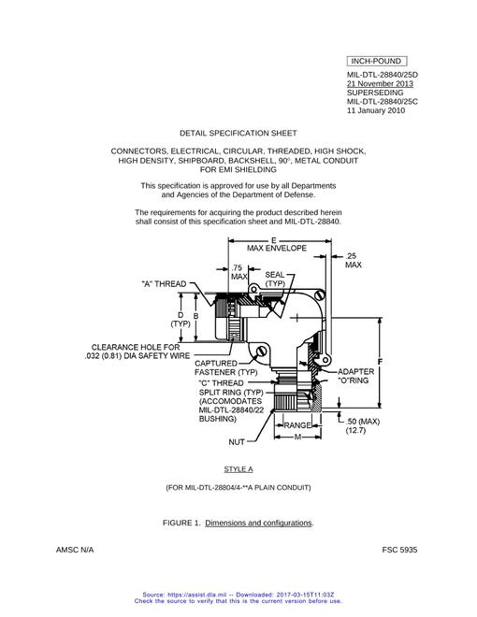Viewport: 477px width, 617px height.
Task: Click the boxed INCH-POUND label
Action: [x=377, y=62]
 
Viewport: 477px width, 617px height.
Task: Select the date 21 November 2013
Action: [x=380, y=83]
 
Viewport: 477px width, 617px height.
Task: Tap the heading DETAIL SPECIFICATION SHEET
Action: [x=238, y=133]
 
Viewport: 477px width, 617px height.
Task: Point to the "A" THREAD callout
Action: [x=164, y=283]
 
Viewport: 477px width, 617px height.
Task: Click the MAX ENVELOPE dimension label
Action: [x=277, y=249]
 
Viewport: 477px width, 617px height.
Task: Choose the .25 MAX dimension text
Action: [x=353, y=261]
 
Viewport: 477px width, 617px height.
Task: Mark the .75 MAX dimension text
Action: [x=238, y=272]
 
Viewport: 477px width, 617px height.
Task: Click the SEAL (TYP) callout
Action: [x=275, y=279]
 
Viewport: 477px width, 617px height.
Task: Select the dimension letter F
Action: [x=380, y=362]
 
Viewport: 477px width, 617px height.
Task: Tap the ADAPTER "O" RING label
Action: [x=355, y=376]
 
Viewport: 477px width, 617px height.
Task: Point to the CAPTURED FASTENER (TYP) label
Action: [x=226, y=367]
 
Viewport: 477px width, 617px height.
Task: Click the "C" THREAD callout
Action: [x=221, y=383]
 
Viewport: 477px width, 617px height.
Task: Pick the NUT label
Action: [x=237, y=442]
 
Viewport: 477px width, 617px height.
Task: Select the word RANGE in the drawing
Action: [x=297, y=425]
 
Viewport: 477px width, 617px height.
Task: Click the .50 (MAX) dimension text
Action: [x=363, y=422]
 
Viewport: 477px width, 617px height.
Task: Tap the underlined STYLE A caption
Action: [x=238, y=469]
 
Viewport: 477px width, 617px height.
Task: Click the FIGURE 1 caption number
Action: [x=181, y=523]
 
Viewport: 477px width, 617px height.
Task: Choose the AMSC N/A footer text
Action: [x=75, y=550]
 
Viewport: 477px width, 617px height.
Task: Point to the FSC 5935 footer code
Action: [x=399, y=550]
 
